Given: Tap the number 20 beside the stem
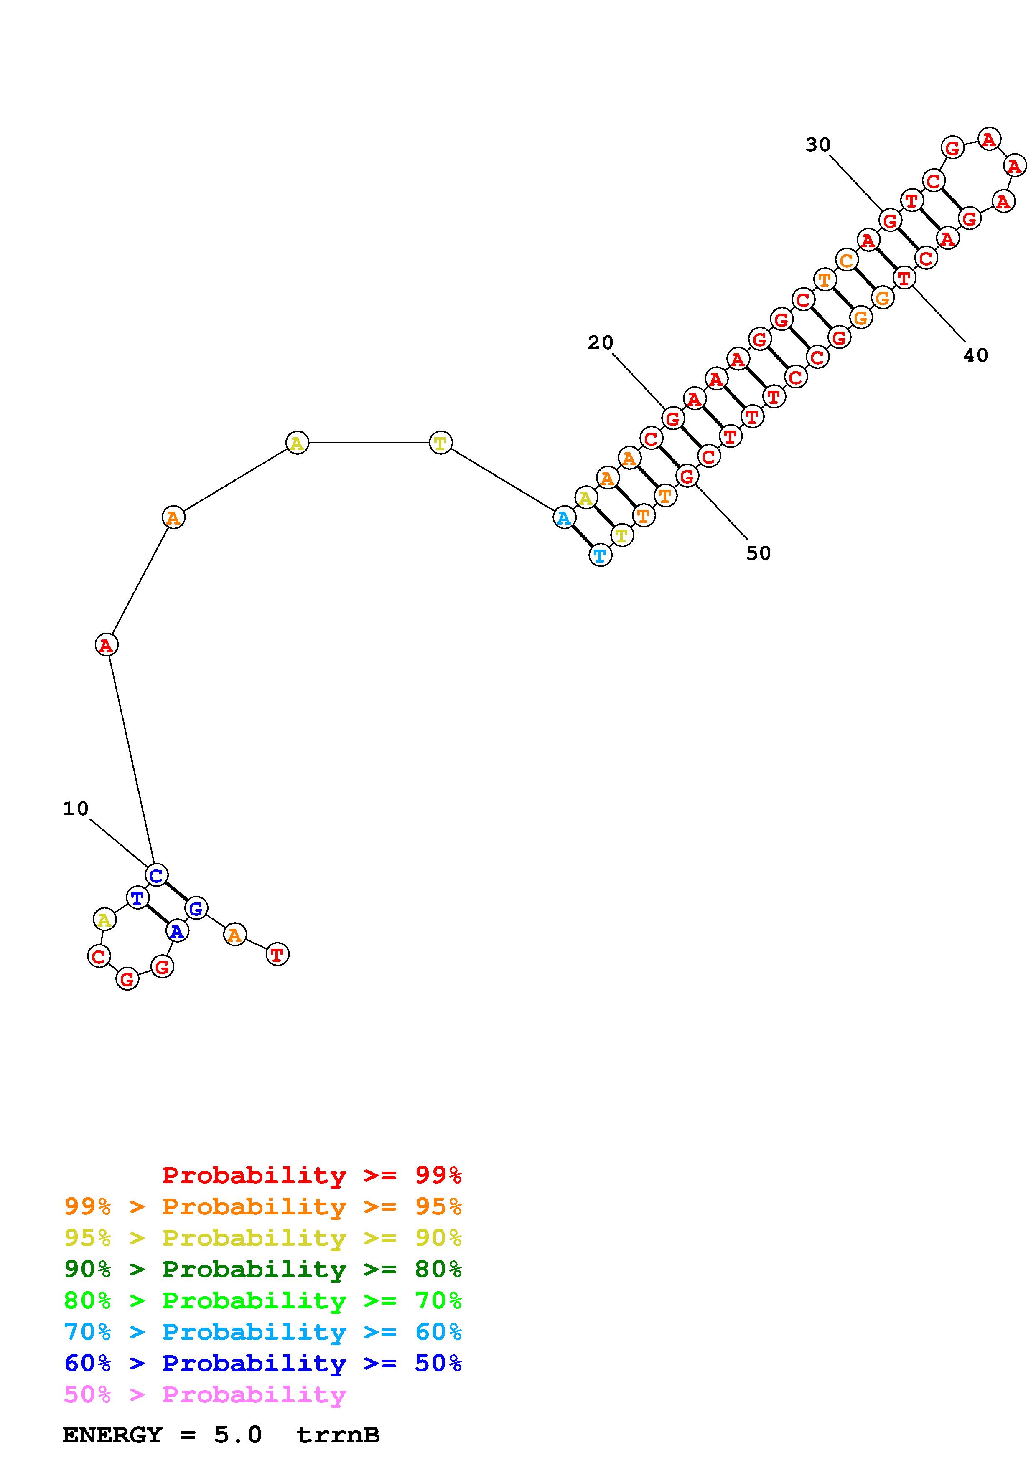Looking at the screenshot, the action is point(600,343).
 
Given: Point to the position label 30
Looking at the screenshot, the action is point(818,145).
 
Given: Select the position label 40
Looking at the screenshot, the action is point(975,355).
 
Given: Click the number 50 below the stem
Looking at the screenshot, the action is point(759,553).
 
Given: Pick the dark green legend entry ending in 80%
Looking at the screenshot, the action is point(263,1269).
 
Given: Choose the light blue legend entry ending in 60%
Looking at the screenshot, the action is point(263,1332).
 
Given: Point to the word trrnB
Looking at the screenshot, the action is point(339,1435).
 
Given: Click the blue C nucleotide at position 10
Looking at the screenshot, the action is point(156,875).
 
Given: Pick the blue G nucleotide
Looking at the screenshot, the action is point(196,908).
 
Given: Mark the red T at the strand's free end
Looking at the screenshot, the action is point(277,955).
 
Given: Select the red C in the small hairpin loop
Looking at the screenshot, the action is point(99,956).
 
